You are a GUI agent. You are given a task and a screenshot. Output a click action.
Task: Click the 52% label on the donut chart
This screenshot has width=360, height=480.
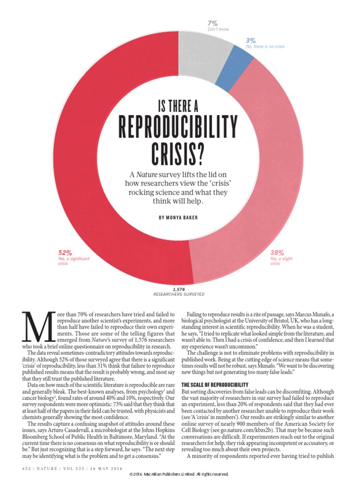[65, 252]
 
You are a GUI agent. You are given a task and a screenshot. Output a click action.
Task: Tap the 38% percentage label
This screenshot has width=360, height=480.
[277, 252]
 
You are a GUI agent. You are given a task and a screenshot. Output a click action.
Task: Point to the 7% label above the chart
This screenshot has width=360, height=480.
[212, 23]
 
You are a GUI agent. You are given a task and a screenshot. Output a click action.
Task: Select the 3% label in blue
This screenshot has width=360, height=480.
[251, 41]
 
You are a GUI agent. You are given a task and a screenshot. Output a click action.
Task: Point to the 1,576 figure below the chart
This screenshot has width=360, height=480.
[179, 289]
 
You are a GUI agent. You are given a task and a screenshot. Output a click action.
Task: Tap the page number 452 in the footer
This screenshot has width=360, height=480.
[26, 467]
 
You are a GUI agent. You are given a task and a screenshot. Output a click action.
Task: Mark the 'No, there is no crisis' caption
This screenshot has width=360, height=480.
[265, 47]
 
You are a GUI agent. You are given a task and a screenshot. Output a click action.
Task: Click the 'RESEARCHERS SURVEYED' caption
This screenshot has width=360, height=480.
[179, 294]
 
